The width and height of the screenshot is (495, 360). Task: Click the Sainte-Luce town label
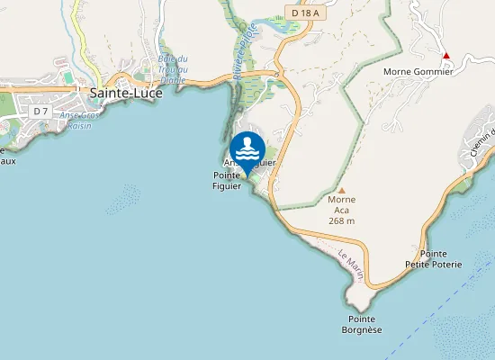click(x=124, y=92)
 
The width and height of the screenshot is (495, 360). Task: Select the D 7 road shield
click(x=39, y=111)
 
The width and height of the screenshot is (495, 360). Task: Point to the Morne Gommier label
click(x=418, y=71)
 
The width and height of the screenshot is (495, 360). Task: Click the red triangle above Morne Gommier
click(x=445, y=56)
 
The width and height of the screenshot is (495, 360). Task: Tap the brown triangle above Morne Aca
click(x=341, y=190)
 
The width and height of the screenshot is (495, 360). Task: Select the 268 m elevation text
click(x=341, y=220)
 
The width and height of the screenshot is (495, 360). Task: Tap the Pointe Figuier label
click(x=229, y=180)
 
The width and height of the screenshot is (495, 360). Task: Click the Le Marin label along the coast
click(x=351, y=266)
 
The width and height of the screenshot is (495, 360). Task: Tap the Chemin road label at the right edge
click(x=481, y=143)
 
